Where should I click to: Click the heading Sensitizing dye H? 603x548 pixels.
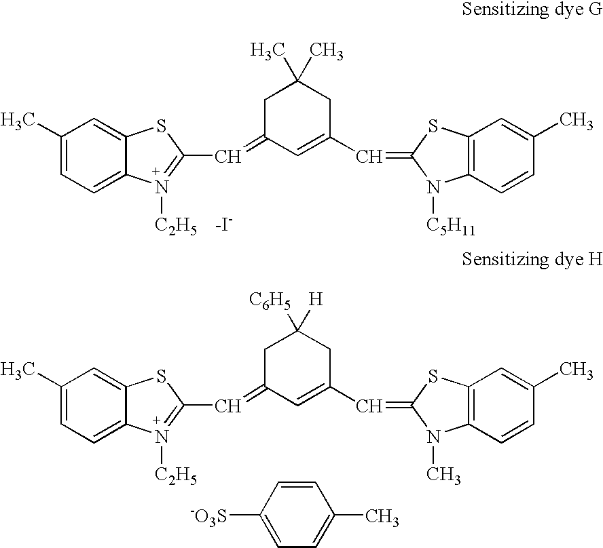point(532,260)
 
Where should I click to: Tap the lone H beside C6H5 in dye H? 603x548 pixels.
point(314,298)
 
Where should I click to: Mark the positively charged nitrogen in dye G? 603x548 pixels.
point(161,186)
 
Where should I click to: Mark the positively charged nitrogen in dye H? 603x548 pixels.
point(161,435)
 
